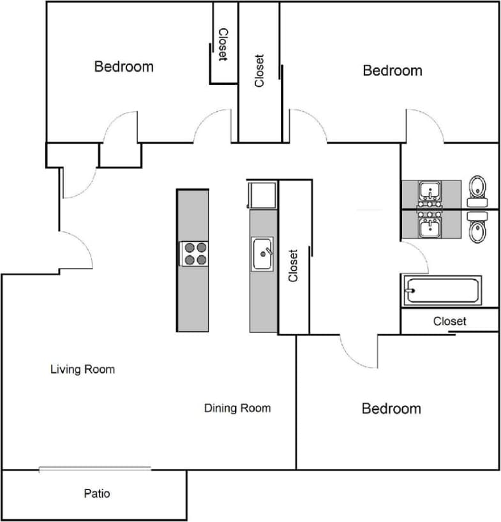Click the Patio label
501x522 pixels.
(96, 493)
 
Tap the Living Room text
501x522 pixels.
(82, 369)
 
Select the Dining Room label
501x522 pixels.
(237, 408)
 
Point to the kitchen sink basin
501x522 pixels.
(262, 254)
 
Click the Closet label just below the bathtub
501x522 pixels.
(449, 321)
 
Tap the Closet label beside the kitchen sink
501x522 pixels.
(294, 265)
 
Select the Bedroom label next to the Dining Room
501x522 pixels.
(391, 408)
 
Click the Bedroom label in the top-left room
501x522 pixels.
(124, 66)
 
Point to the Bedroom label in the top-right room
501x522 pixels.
(392, 70)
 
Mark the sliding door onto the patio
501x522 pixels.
(95, 469)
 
